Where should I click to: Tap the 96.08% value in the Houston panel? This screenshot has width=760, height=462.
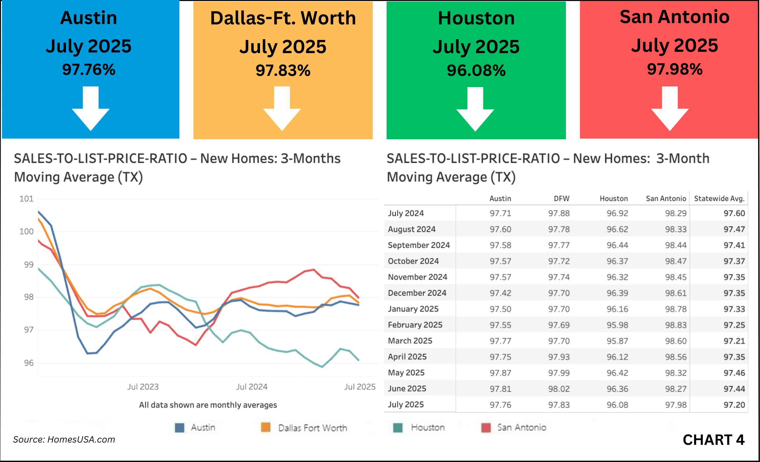pyautogui.click(x=476, y=71)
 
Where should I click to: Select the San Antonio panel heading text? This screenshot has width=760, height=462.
pyautogui.click(x=674, y=17)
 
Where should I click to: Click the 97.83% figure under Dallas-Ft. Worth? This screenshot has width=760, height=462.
pyautogui.click(x=283, y=71)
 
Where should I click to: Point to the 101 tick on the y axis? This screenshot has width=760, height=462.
pyautogui.click(x=26, y=199)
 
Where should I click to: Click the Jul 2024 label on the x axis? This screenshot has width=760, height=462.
pyautogui.click(x=252, y=387)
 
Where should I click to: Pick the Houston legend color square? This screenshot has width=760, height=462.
pyautogui.click(x=398, y=428)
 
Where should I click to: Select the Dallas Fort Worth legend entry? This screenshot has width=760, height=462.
pyautogui.click(x=312, y=428)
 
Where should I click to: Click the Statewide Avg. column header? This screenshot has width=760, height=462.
pyautogui.click(x=719, y=199)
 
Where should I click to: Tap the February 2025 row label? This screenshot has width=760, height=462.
pyautogui.click(x=415, y=325)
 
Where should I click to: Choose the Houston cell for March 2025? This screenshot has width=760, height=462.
pyautogui.click(x=617, y=341)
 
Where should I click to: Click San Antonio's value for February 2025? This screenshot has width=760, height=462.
pyautogui.click(x=675, y=325)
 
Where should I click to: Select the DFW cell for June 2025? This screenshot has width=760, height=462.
pyautogui.click(x=559, y=389)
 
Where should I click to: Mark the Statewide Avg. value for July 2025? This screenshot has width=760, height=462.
pyautogui.click(x=734, y=405)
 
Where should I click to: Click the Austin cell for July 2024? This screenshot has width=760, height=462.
pyautogui.click(x=500, y=214)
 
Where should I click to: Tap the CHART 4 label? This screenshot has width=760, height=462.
pyautogui.click(x=713, y=440)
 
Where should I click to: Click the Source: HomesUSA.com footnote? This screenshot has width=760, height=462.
pyautogui.click(x=64, y=440)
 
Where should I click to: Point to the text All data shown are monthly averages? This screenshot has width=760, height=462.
pyautogui.click(x=208, y=405)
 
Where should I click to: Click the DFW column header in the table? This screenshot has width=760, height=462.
pyautogui.click(x=561, y=199)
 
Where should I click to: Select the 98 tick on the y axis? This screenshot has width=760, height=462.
pyautogui.click(x=29, y=297)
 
